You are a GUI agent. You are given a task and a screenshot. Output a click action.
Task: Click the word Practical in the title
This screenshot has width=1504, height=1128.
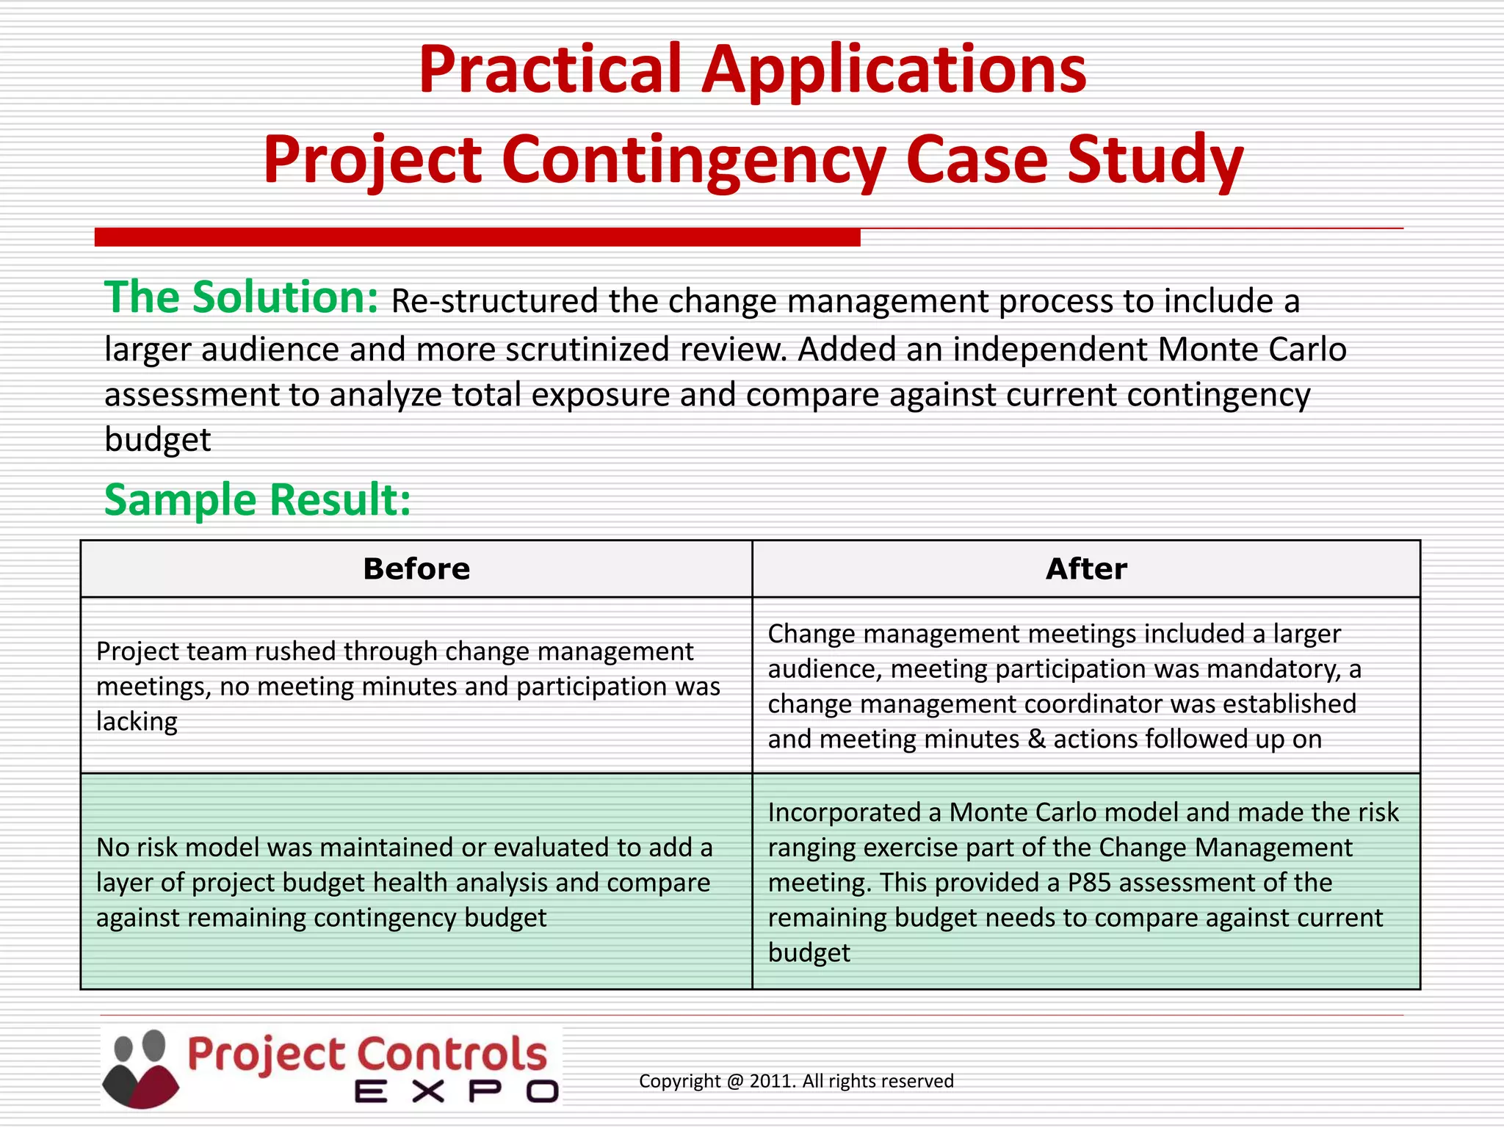pyautogui.click(x=552, y=70)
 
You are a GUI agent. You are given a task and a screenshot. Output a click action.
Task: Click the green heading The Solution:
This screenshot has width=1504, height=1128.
pyautogui.click(x=241, y=297)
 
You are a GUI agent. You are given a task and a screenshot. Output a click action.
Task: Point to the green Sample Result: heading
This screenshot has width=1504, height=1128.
pyautogui.click(x=257, y=500)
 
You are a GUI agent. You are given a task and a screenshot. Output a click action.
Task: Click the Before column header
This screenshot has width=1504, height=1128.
pyautogui.click(x=416, y=569)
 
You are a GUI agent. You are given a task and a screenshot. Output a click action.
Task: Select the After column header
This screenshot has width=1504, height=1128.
pyautogui.click(x=1086, y=569)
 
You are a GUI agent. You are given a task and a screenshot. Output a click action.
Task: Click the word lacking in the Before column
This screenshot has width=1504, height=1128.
pyautogui.click(x=137, y=722)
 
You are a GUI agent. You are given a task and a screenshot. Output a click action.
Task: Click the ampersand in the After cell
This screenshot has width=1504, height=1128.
pyautogui.click(x=1036, y=739)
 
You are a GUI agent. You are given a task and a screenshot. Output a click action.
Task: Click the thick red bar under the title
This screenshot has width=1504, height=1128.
pyautogui.click(x=477, y=237)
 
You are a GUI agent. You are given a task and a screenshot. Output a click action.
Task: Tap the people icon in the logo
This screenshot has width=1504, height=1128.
pyautogui.click(x=140, y=1069)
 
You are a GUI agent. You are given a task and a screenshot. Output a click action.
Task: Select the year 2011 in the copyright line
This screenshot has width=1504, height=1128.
pyautogui.click(x=772, y=1081)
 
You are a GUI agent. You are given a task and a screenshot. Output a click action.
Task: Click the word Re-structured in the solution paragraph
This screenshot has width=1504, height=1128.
pyautogui.click(x=494, y=302)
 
